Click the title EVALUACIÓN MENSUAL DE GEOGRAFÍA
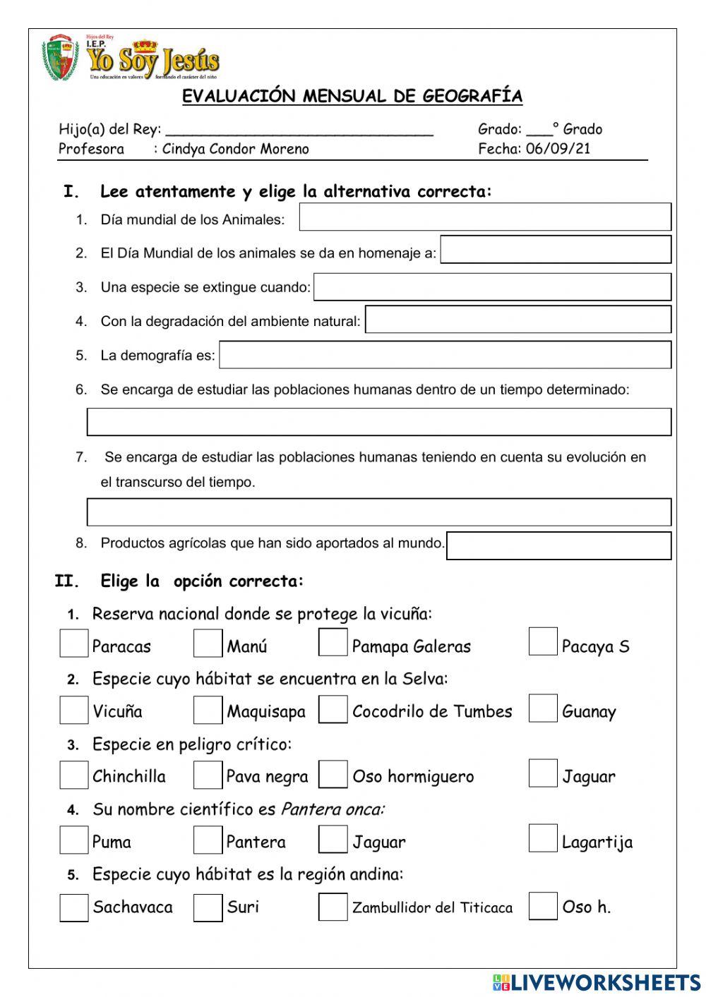pyautogui.click(x=352, y=96)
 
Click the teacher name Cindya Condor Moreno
pyautogui.click(x=235, y=149)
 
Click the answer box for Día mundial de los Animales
pyautogui.click(x=485, y=217)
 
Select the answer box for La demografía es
pyautogui.click(x=445, y=355)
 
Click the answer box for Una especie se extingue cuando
pyautogui.click(x=492, y=287)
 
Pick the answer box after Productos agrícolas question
pyautogui.click(x=558, y=545)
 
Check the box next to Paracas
pyautogui.click(x=73, y=643)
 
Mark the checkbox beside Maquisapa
pyautogui.click(x=208, y=710)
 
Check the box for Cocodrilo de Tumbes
pyautogui.click(x=333, y=710)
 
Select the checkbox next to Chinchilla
pyautogui.click(x=73, y=775)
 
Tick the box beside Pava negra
pyautogui.click(x=208, y=775)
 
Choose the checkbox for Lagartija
pyautogui.click(x=542, y=838)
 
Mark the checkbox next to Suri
pyautogui.click(x=208, y=907)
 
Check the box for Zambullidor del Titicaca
pyautogui.click(x=333, y=907)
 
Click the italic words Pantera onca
pyautogui.click(x=333, y=809)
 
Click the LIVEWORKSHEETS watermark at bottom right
pyautogui.click(x=597, y=982)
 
